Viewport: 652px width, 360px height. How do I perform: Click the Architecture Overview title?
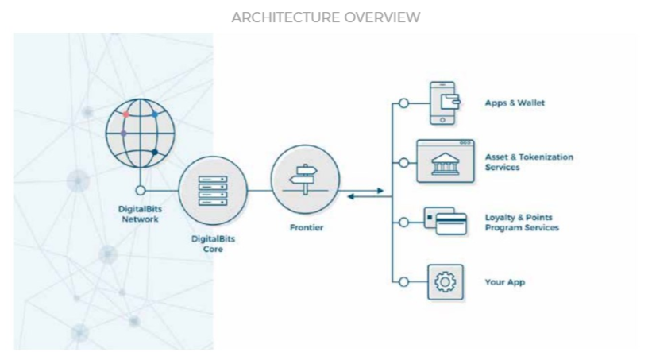click(326, 17)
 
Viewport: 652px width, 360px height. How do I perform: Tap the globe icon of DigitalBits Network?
click(141, 134)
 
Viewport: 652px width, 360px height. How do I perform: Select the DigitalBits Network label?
click(141, 213)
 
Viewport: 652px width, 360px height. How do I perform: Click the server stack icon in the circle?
click(212, 191)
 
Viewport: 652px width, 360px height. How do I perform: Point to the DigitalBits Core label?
click(212, 243)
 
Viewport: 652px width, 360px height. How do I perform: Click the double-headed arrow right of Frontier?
click(365, 192)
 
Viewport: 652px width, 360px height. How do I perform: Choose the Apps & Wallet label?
click(514, 103)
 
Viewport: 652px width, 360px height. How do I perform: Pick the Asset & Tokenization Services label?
click(529, 162)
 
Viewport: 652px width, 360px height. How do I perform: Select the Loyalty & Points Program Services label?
click(522, 223)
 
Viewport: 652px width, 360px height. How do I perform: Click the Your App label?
click(505, 282)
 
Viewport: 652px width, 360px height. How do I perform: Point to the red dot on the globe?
click(125, 114)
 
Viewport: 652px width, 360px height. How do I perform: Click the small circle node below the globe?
click(141, 191)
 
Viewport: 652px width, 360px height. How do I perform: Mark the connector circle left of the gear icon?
click(403, 281)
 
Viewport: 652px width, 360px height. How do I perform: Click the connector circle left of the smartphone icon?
click(403, 103)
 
